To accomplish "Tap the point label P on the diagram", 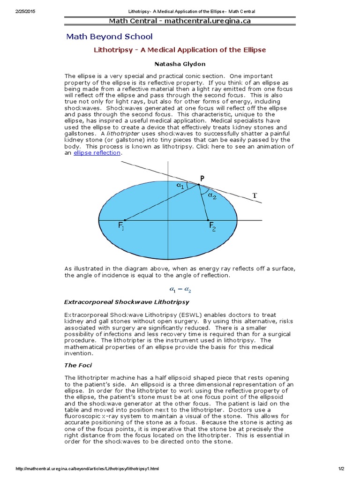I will point(202,178).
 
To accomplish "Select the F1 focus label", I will point(121,227).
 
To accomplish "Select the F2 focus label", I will point(212,227).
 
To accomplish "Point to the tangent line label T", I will point(255,195).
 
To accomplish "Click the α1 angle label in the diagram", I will point(180,186).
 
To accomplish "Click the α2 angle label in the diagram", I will point(212,196).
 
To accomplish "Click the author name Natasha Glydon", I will point(180,63).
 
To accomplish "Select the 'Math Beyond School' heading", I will point(109,37).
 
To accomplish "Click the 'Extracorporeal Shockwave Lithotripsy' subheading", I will point(127,301).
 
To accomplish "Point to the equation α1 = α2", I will point(180,290).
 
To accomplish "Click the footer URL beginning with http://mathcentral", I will point(88,469).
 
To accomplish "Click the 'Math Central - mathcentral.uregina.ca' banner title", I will point(180,21).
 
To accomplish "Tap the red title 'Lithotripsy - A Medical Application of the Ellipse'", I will point(180,50).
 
